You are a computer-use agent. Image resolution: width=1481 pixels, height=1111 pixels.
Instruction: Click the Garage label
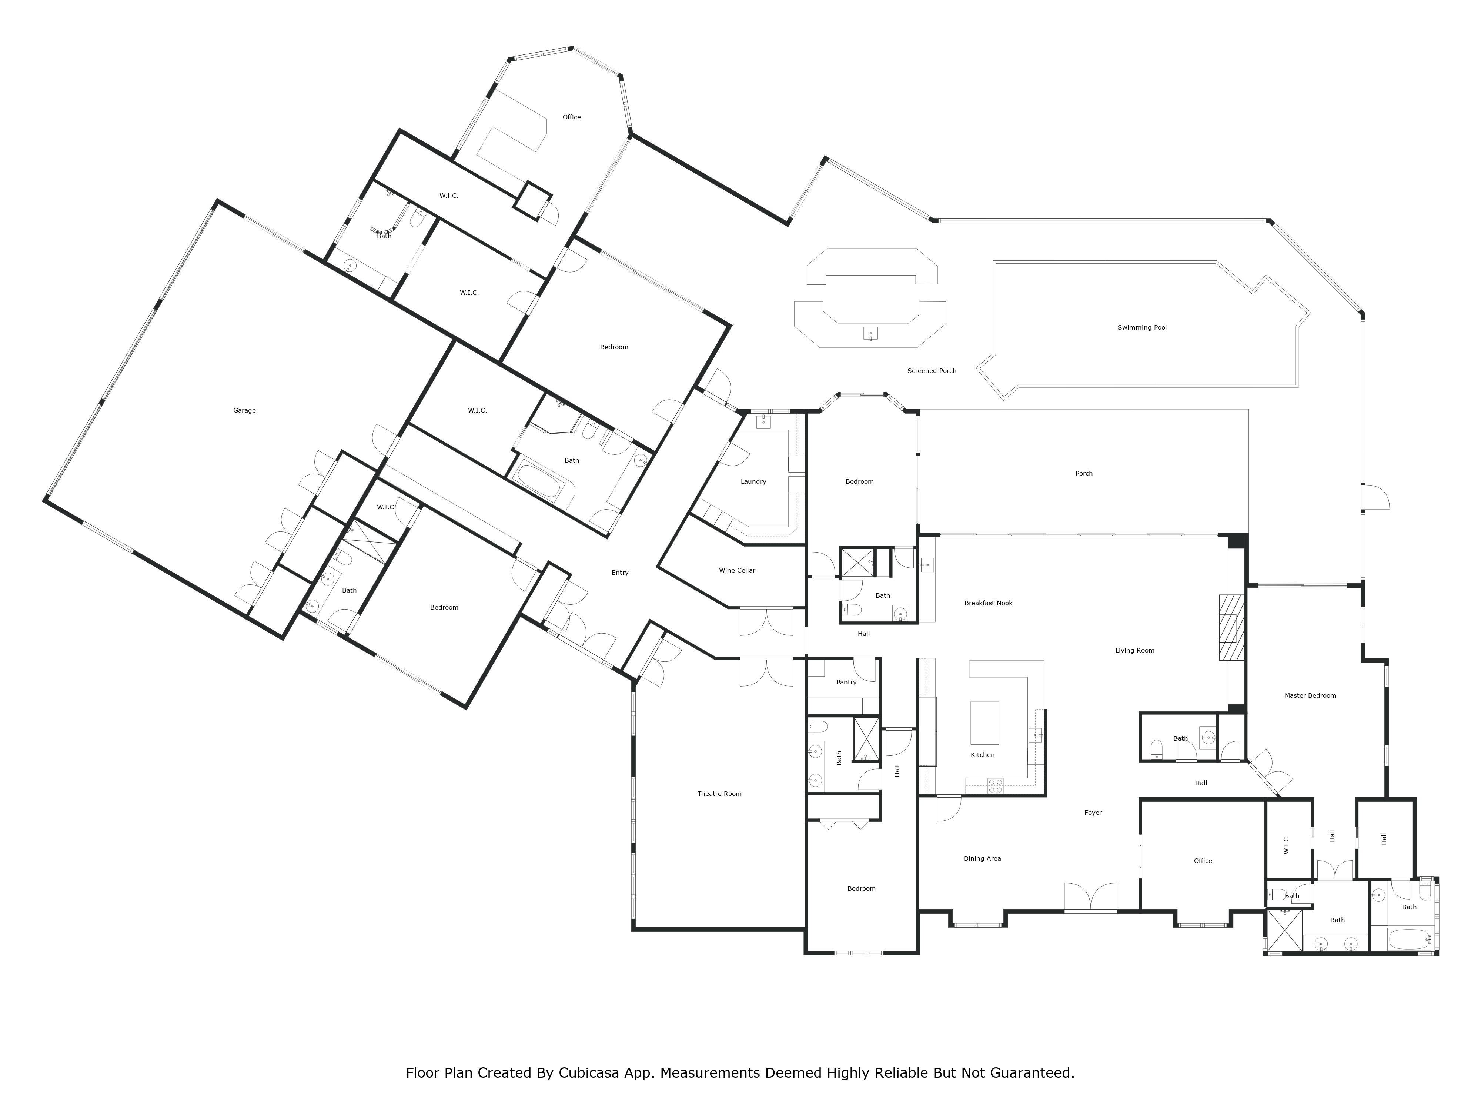coord(244,410)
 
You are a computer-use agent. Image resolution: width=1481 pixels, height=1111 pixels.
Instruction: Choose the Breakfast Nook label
coord(988,603)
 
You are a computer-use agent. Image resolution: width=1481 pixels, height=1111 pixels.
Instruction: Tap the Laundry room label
coord(753,481)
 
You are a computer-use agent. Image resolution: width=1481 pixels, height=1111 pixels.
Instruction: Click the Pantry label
coord(846,683)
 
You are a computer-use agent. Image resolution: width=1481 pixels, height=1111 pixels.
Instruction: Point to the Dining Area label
coord(982,858)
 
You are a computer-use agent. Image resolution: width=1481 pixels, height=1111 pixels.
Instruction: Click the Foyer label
coord(1093,813)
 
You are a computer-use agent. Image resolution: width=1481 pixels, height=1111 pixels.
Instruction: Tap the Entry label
coord(620,573)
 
